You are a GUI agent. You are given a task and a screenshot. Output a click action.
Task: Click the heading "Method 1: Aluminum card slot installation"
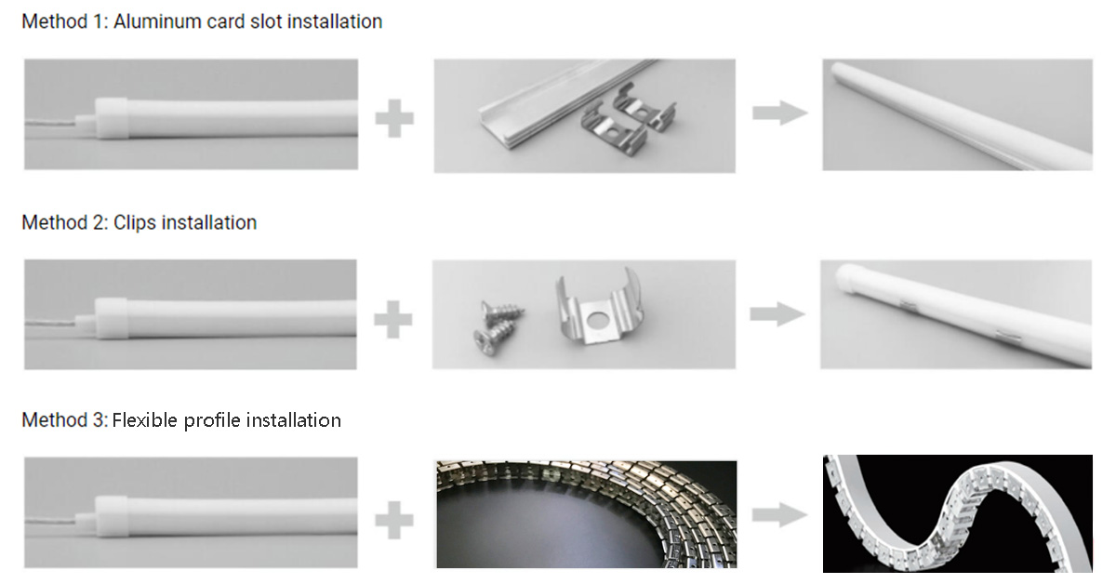click(x=202, y=21)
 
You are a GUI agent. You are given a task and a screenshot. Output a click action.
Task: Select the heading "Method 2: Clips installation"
click(x=139, y=222)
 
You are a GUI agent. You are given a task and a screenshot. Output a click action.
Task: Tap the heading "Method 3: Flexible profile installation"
click(x=181, y=420)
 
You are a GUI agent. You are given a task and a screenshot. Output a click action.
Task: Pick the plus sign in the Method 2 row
click(x=393, y=319)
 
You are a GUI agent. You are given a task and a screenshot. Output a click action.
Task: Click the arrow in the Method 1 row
click(x=779, y=113)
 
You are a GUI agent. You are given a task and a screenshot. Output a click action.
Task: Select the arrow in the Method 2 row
click(x=777, y=314)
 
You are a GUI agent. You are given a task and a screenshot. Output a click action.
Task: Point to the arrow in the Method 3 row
click(x=778, y=512)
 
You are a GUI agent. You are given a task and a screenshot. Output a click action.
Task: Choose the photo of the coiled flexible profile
click(x=586, y=513)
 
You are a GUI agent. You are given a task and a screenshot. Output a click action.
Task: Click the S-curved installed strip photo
click(x=957, y=513)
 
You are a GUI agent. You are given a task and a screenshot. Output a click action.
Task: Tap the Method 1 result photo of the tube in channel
click(x=957, y=114)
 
